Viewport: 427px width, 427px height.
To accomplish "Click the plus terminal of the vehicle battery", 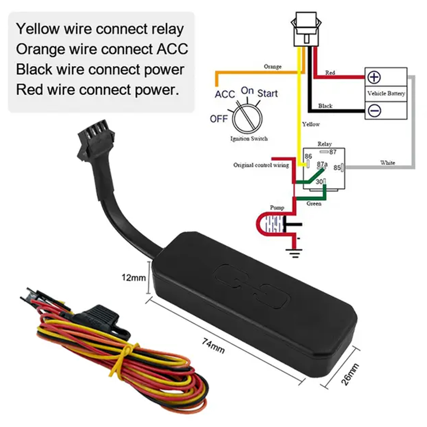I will (x=374, y=78).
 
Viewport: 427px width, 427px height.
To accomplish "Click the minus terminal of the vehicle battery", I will (x=374, y=111).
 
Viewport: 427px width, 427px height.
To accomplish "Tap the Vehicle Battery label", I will (x=386, y=93).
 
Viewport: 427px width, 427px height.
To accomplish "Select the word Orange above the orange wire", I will (x=273, y=66).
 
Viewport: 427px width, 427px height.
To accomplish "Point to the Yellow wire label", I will (x=311, y=124).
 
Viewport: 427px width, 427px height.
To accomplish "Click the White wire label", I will (x=387, y=163).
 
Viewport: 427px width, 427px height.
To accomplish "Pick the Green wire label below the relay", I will (x=314, y=204).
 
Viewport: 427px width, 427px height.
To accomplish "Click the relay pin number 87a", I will (x=322, y=164).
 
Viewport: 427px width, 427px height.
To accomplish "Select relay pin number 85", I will (x=337, y=168).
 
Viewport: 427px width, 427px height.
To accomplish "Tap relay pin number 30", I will (x=319, y=182).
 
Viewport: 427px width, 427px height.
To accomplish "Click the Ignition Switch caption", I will (x=249, y=138).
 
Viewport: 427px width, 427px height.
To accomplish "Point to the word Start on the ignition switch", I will (x=267, y=93).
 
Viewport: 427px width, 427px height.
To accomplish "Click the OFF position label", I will (x=219, y=119).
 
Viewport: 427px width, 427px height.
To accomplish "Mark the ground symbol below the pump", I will (x=294, y=251).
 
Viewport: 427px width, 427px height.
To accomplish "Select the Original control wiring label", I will (x=261, y=165).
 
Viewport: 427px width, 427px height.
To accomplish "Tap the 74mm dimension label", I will (x=213, y=345).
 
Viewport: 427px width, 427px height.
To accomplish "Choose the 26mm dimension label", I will (x=352, y=374).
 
